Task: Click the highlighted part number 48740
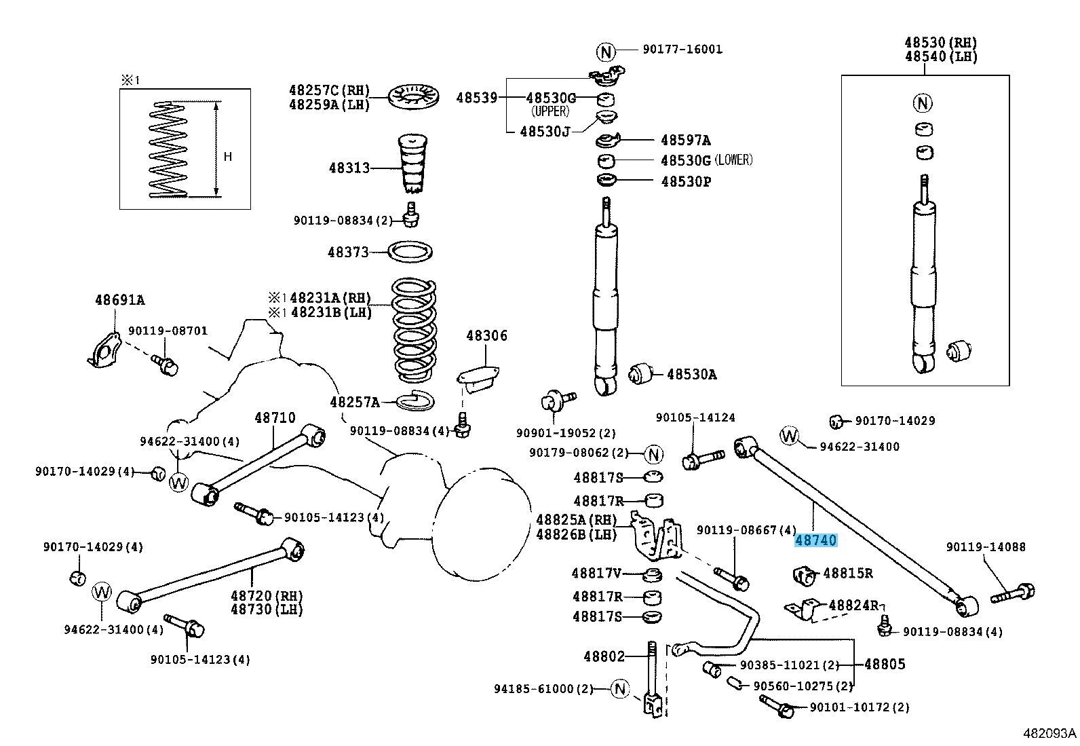pyautogui.click(x=816, y=541)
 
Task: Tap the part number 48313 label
pyautogui.click(x=349, y=168)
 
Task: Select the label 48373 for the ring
pyautogui.click(x=348, y=252)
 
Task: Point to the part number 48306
pyautogui.click(x=486, y=336)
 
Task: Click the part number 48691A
pyautogui.click(x=119, y=300)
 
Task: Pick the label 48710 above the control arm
pyautogui.click(x=275, y=417)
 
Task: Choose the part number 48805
pyautogui.click(x=885, y=664)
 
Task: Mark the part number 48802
pyautogui.click(x=604, y=656)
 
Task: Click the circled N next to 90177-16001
pyautogui.click(x=605, y=51)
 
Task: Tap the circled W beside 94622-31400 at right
pyautogui.click(x=790, y=436)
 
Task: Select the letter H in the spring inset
pyautogui.click(x=228, y=157)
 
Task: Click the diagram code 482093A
pyautogui.click(x=1050, y=733)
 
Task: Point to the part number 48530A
pyautogui.click(x=691, y=374)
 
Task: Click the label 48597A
pyautogui.click(x=685, y=141)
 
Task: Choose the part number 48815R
pyautogui.click(x=847, y=573)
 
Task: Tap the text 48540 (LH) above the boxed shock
pyautogui.click(x=940, y=56)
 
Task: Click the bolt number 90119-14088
pyautogui.click(x=986, y=546)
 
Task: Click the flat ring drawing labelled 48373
pyautogui.click(x=411, y=252)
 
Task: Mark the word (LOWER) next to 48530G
pyautogui.click(x=735, y=160)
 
